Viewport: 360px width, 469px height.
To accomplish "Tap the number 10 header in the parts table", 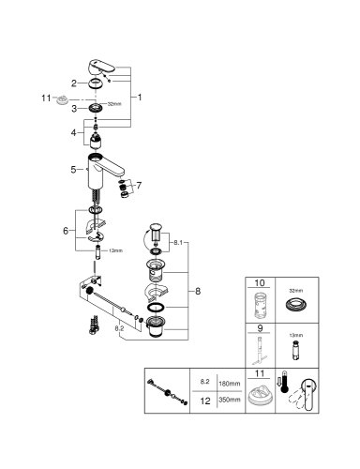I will point(259,281).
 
